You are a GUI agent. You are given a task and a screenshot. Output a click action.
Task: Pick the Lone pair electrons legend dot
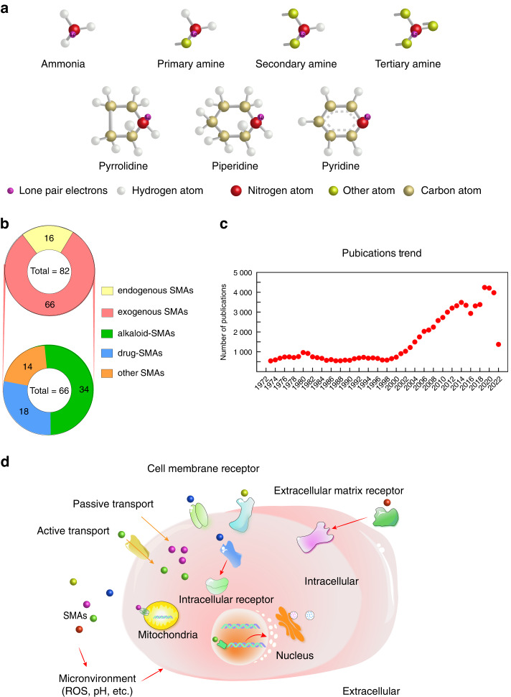pyautogui.click(x=12, y=190)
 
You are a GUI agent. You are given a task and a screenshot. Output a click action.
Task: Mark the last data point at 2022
pyautogui.click(x=498, y=345)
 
